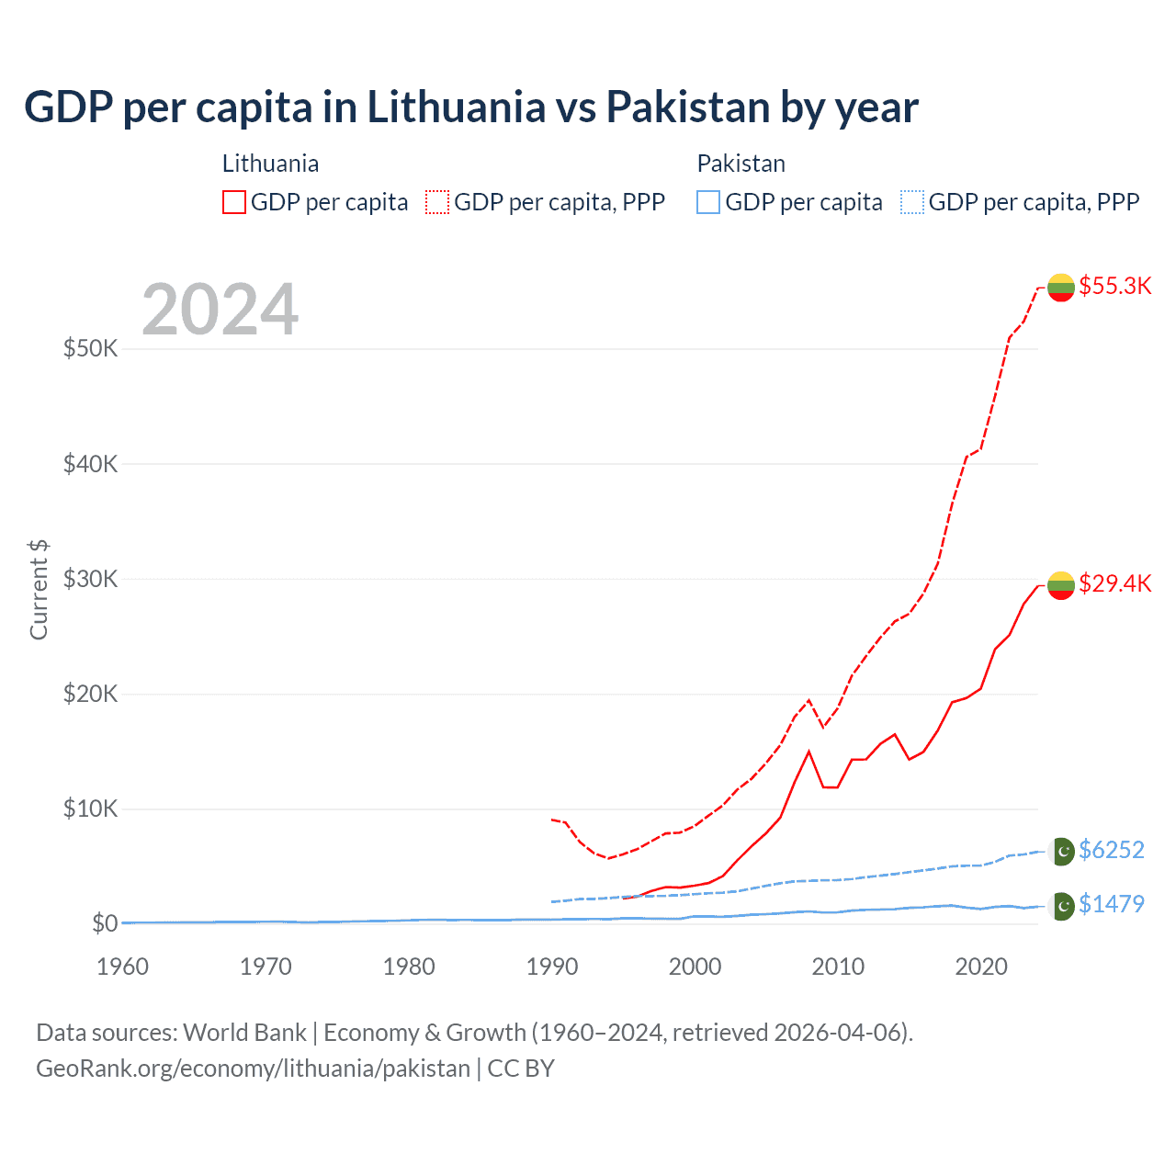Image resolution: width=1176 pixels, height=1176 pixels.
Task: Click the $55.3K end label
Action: pyautogui.click(x=1114, y=286)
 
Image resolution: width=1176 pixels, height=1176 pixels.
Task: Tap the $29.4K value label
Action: pyautogui.click(x=1114, y=583)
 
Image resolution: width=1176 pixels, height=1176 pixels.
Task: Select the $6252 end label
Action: pyautogui.click(x=1111, y=850)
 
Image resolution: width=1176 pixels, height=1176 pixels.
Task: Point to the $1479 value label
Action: pyautogui.click(x=1111, y=904)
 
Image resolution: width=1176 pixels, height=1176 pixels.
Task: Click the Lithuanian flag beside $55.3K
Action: pyautogui.click(x=1061, y=288)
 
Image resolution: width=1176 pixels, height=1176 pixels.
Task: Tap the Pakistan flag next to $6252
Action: pyautogui.click(x=1062, y=852)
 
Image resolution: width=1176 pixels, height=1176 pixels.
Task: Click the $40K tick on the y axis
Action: pyautogui.click(x=91, y=464)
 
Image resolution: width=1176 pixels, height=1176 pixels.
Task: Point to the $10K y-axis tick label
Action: pyautogui.click(x=91, y=808)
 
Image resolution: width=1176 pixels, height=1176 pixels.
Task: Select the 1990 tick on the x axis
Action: pyautogui.click(x=552, y=967)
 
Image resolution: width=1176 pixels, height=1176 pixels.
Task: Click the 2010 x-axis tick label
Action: pyautogui.click(x=838, y=967)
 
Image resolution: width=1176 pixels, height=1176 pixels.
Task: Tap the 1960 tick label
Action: pyautogui.click(x=123, y=967)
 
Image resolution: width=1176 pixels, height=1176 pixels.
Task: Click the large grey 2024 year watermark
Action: pyautogui.click(x=220, y=310)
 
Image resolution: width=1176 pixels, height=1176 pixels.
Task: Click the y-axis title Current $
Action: pyautogui.click(x=39, y=590)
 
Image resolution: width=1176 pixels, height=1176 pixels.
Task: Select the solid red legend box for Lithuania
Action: pyautogui.click(x=234, y=202)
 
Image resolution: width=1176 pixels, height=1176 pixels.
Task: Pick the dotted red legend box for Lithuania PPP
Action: pyautogui.click(x=437, y=202)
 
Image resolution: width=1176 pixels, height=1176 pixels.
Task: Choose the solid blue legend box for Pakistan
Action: pyautogui.click(x=708, y=202)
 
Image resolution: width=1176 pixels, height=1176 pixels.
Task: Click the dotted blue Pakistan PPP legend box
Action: pyautogui.click(x=912, y=202)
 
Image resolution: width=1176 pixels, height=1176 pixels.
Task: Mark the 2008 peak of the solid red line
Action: pyautogui.click(x=808, y=752)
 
